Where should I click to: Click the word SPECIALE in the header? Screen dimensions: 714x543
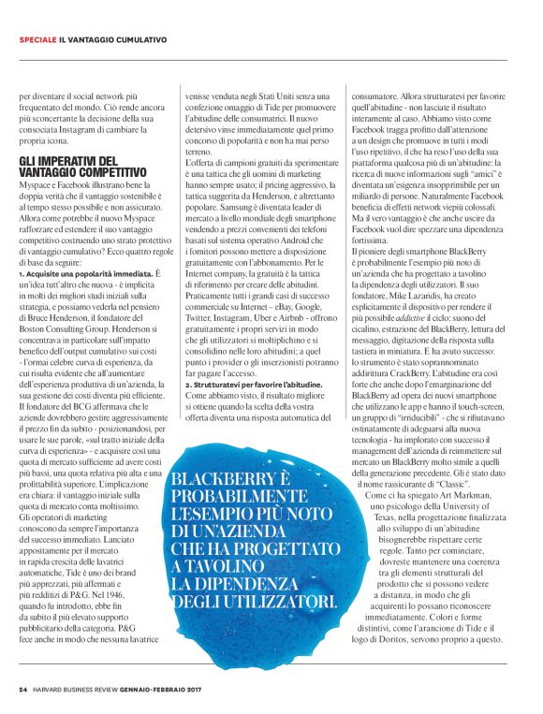[x=37, y=39]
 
